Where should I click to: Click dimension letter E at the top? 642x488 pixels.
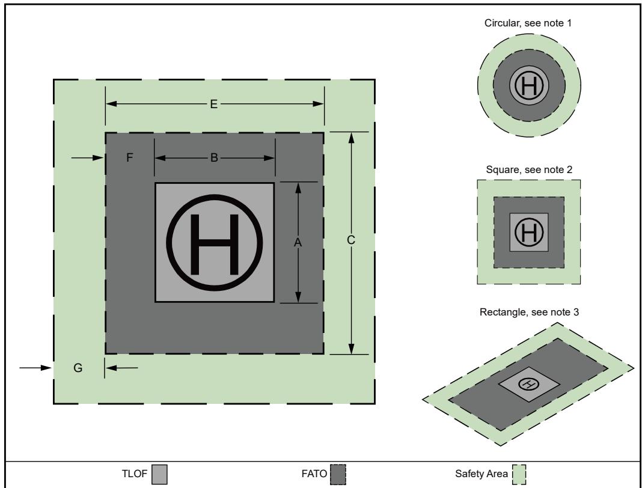pos(213,104)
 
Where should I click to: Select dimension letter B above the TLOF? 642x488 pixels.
pos(214,158)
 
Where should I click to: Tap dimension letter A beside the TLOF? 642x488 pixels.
pos(298,243)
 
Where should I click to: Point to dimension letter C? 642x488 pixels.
pos(351,240)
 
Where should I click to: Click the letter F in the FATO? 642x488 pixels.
pos(129,157)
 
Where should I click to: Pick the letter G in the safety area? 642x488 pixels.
pos(78,368)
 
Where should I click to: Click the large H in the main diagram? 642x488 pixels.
pos(214,245)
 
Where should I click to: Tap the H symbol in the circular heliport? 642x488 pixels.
pos(529,85)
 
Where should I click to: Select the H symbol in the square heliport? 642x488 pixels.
pos(529,232)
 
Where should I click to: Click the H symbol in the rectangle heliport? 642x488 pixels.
pos(528,384)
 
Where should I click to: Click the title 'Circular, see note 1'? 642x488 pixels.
pos(528,23)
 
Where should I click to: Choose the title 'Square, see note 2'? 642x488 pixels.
pos(529,169)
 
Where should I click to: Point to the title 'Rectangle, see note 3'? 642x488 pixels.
pos(529,312)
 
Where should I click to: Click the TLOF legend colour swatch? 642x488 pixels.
pos(159,475)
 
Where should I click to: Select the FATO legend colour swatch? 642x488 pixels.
pos(338,475)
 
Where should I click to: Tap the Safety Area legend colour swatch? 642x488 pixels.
pos(519,475)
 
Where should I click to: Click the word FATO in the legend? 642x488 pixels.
pos(314,474)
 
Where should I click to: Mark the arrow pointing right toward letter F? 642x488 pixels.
pos(88,157)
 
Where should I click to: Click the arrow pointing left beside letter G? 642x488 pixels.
pos(121,368)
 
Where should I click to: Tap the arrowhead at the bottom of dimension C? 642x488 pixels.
pos(351,349)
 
